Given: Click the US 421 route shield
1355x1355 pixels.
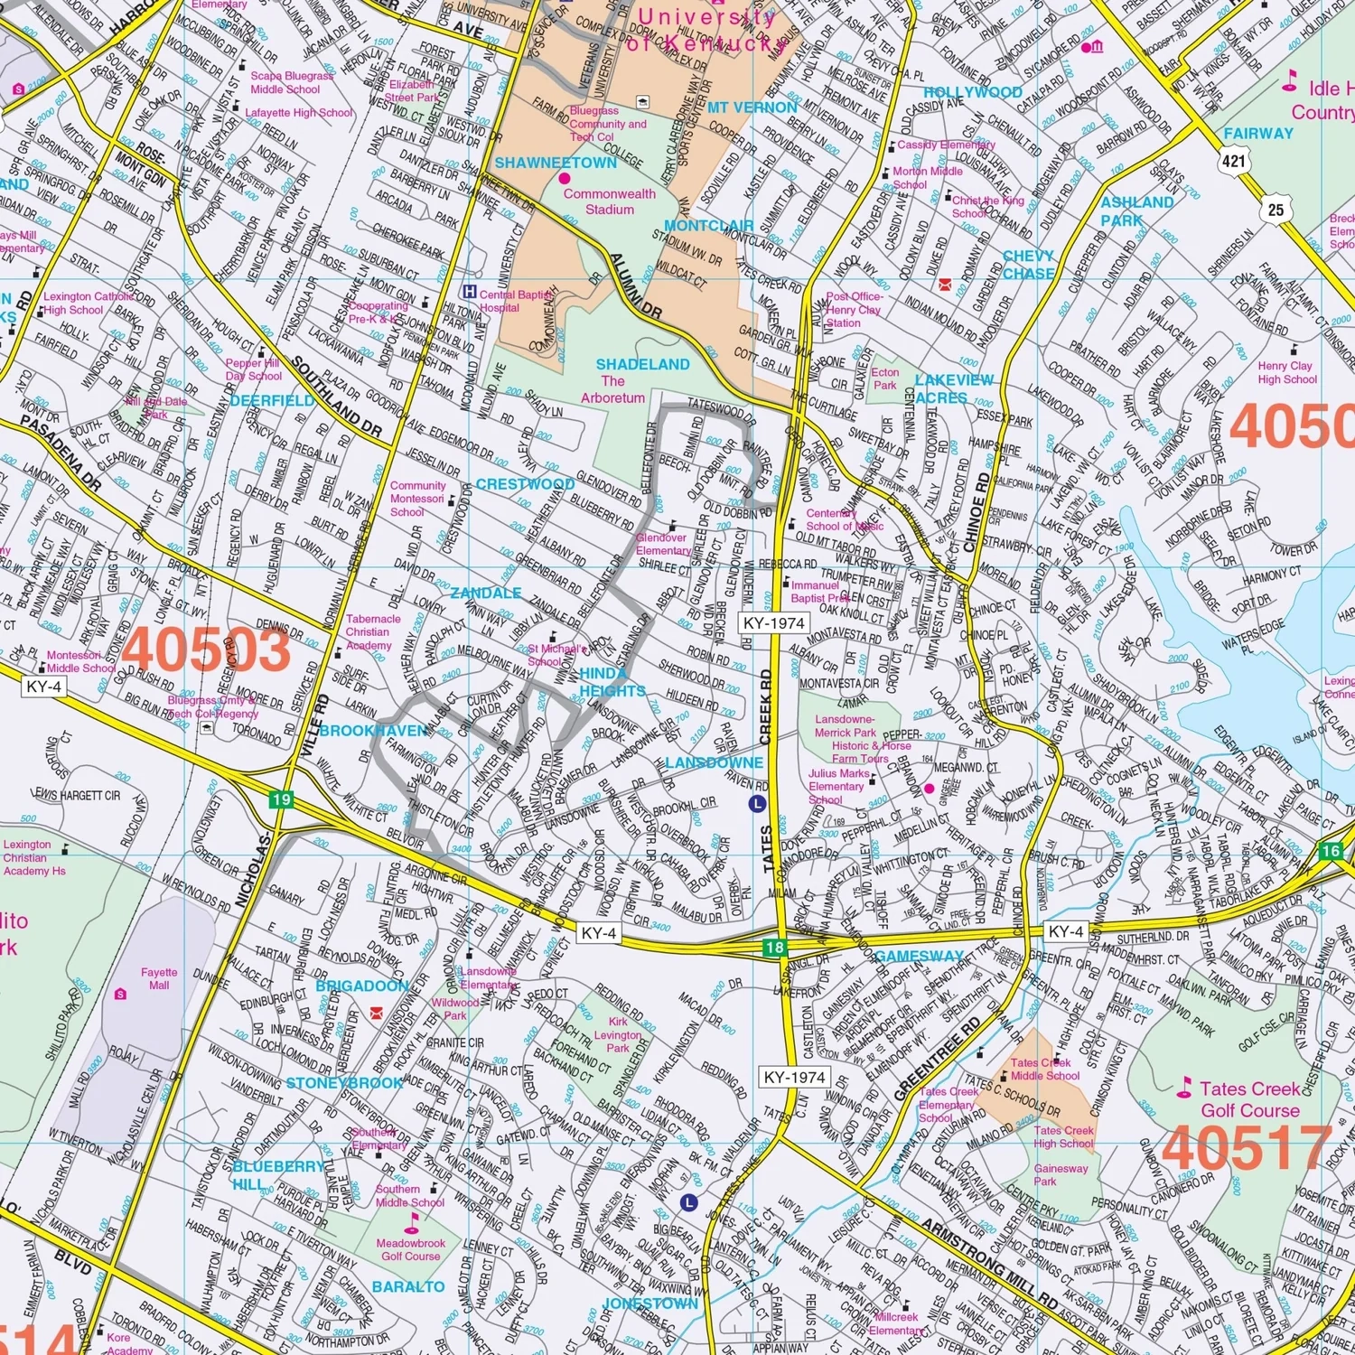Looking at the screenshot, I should pos(1234,162).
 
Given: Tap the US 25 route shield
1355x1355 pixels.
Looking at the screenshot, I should pos(1276,210).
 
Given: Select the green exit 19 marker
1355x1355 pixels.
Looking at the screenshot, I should pos(281,799).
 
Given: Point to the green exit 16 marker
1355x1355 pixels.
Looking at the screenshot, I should pos(1331,850).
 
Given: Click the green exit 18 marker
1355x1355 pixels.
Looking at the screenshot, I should pos(774,947).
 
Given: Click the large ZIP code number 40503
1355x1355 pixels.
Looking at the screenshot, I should pos(207,649).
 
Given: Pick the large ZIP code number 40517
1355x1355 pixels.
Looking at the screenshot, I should pos(1248,1148).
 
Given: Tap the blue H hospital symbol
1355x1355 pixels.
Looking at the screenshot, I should pos(469,292).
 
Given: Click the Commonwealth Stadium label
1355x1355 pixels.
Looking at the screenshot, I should pos(610,201).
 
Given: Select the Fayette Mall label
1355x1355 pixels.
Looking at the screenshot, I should pos(159,978).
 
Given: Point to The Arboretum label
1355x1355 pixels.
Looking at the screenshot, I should pos(612,389).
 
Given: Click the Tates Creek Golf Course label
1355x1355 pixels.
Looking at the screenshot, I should pos(1250,1099).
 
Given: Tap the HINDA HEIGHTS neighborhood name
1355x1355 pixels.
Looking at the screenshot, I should pos(612,682).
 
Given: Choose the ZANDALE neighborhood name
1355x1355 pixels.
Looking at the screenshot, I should pos(486,593).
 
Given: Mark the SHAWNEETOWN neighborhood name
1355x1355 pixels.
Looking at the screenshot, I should pos(556,164).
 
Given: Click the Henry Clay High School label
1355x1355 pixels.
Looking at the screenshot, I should pos(1287,372).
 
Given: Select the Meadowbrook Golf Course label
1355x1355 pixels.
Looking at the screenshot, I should pos(411,1249).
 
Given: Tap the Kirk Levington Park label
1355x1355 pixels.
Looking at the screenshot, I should pos(618,1035).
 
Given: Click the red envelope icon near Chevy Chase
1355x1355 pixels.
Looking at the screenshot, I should pos(945,285).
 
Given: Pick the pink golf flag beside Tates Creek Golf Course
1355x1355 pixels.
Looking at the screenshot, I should pos(1183,1090).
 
